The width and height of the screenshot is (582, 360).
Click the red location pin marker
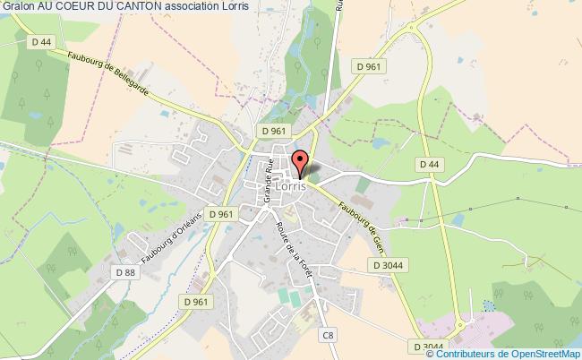tap(301, 163)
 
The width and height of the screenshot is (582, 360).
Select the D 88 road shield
tap(124, 271)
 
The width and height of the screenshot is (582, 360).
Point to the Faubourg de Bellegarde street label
tap(108, 79)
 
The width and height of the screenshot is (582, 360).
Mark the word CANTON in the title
tap(133, 8)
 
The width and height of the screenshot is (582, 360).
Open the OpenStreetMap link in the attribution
tap(535, 350)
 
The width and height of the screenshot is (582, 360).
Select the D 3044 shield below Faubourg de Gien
tap(387, 264)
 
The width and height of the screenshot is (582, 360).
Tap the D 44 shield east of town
tap(428, 164)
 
